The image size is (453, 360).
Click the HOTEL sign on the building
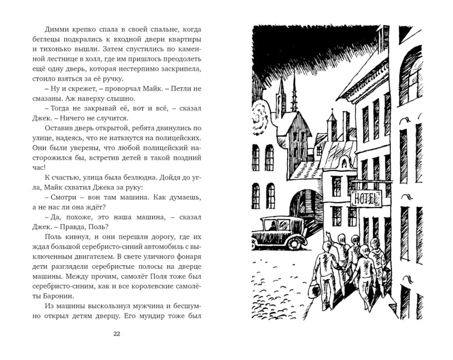pyautogui.click(x=366, y=198)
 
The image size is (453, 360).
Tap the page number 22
pyautogui.click(x=116, y=334)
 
